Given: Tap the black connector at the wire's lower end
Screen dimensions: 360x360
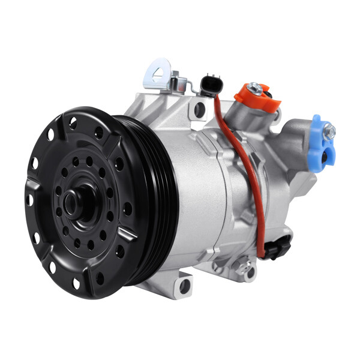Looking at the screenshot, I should click(x=277, y=247).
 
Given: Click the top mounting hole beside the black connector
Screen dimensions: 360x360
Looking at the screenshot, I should click(x=199, y=109).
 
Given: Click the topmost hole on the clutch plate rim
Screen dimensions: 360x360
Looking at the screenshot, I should click(x=73, y=124).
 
